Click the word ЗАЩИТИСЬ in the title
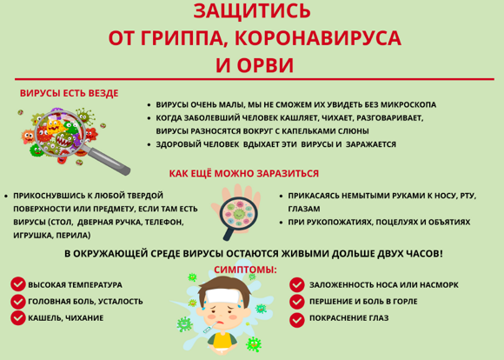pyautogui.click(x=252, y=10)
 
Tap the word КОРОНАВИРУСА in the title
pyautogui.click(x=318, y=38)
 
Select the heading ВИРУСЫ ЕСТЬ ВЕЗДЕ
pyautogui.click(x=70, y=93)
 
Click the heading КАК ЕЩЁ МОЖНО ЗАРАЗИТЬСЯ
pyautogui.click(x=244, y=173)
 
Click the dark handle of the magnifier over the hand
pyautogui.click(x=229, y=232)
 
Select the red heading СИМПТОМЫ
pyautogui.click(x=245, y=270)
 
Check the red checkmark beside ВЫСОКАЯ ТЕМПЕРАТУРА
pyautogui.click(x=18, y=284)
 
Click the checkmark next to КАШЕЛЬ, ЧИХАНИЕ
pyautogui.click(x=18, y=318)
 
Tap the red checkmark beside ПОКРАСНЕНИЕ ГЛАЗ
pyautogui.click(x=296, y=320)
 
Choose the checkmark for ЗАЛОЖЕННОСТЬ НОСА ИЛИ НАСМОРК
pyautogui.click(x=296, y=285)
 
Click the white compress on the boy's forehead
pyautogui.click(x=223, y=296)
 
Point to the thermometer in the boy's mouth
pyautogui.click(x=211, y=326)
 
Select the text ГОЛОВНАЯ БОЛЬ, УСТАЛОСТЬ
pyautogui.click(x=85, y=302)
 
